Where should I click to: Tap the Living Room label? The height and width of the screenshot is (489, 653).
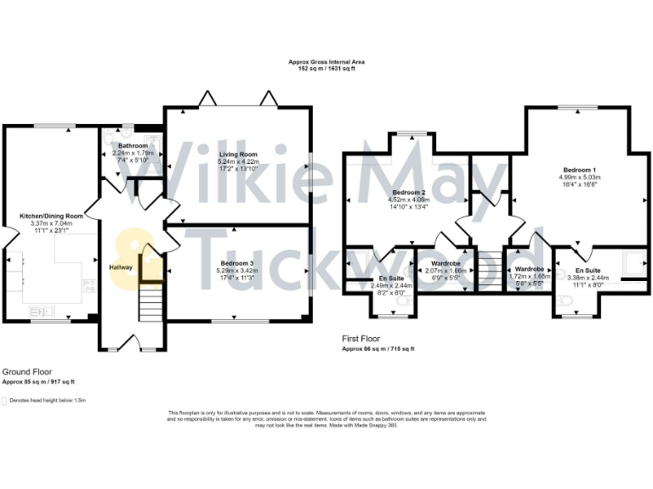click(237, 154)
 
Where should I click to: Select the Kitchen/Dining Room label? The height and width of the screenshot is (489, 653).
click(51, 216)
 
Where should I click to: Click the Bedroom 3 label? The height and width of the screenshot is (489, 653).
click(237, 262)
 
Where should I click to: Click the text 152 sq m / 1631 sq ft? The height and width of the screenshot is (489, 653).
click(326, 70)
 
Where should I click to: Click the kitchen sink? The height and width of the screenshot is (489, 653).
click(42, 312)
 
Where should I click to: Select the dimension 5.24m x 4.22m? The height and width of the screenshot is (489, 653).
click(237, 161)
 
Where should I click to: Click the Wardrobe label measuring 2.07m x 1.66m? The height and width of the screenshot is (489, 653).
click(440, 263)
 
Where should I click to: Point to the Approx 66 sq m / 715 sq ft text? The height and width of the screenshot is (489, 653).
click(378, 349)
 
